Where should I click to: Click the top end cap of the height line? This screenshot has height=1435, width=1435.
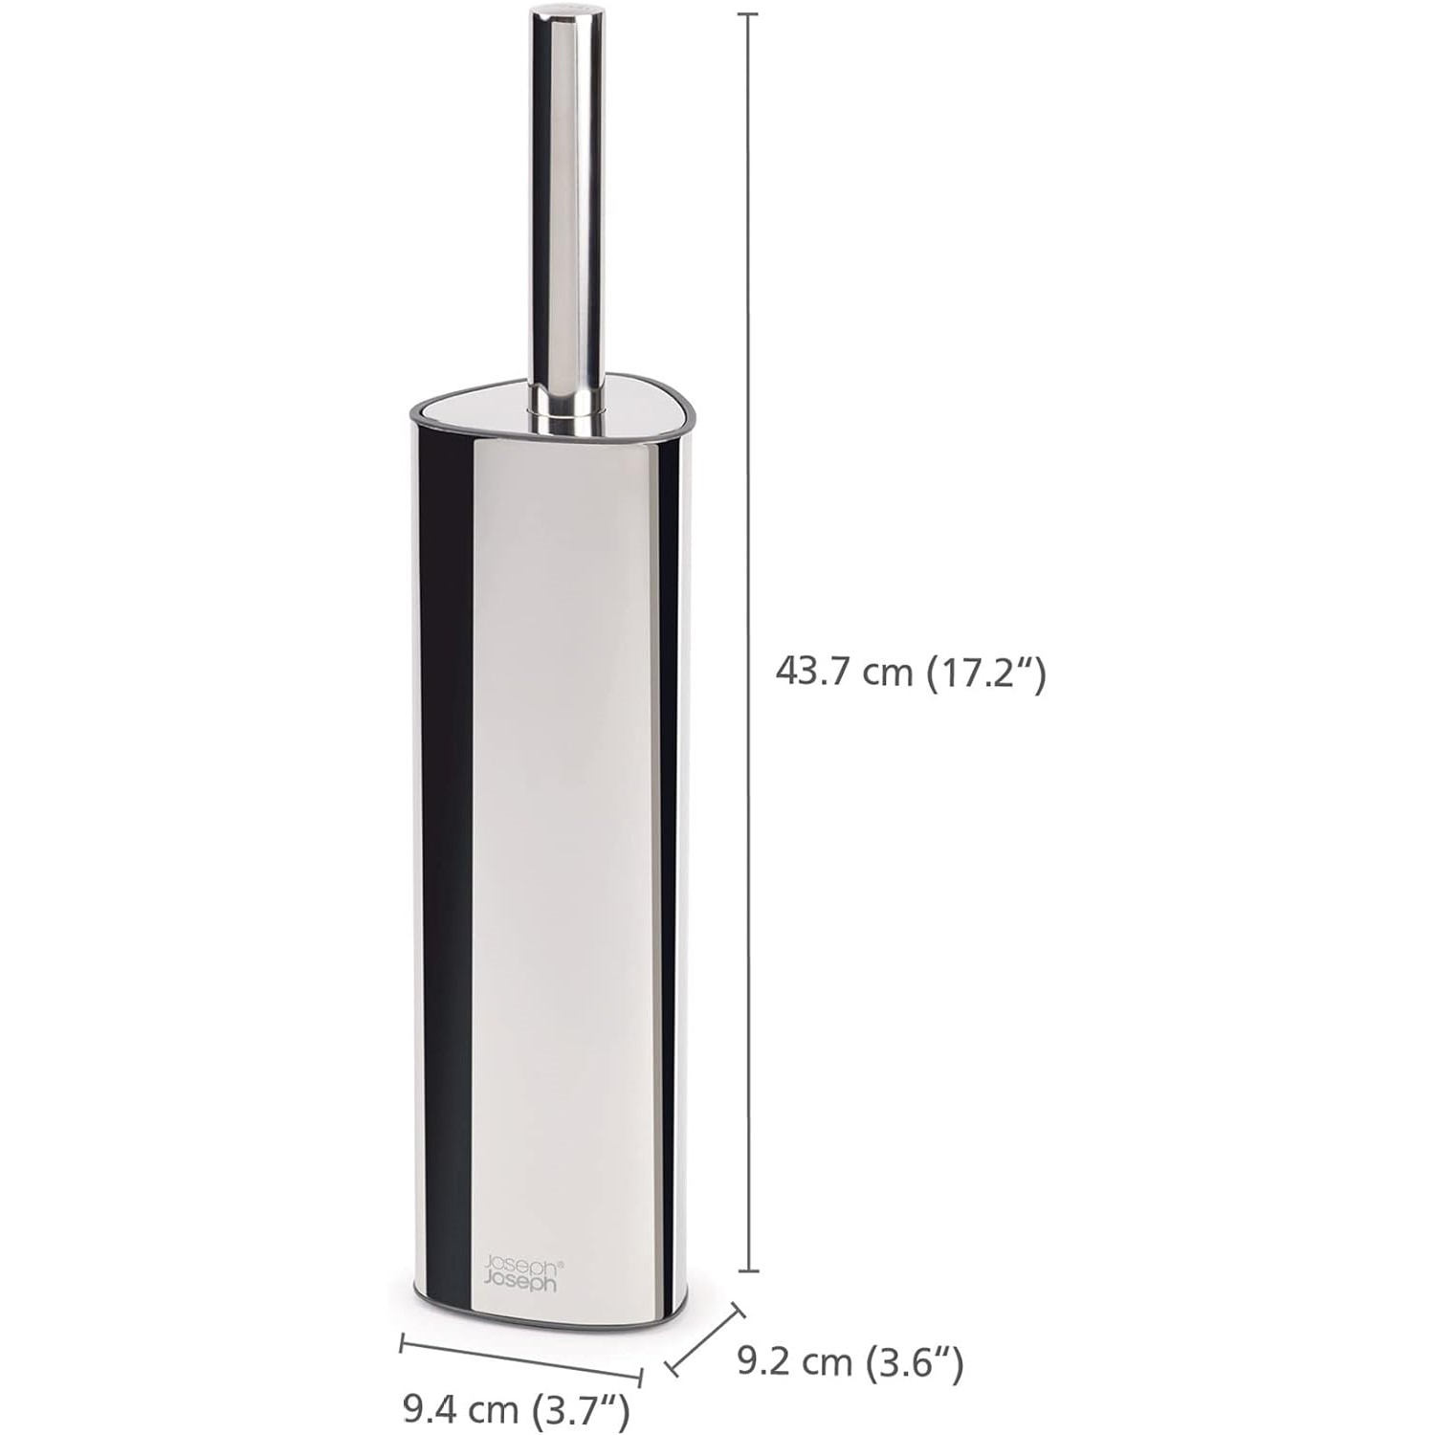click(x=747, y=16)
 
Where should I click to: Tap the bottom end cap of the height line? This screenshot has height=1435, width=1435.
click(x=747, y=1271)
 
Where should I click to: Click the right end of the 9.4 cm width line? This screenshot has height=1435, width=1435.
click(x=641, y=1379)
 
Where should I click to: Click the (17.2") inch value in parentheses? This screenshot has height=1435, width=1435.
click(x=986, y=673)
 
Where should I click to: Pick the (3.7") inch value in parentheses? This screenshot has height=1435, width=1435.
click(x=580, y=1409)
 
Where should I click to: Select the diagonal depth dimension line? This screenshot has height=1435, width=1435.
click(x=705, y=1341)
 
